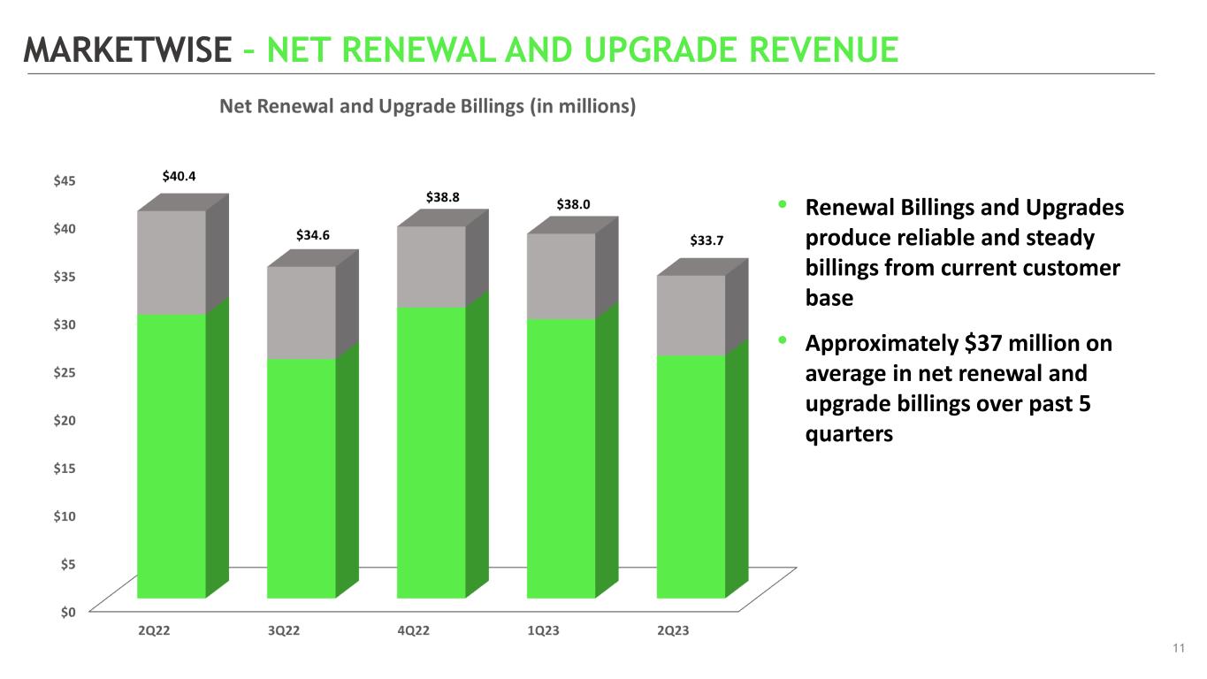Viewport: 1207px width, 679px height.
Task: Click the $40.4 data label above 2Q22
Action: click(x=180, y=177)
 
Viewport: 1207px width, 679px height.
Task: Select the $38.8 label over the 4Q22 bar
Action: click(x=443, y=197)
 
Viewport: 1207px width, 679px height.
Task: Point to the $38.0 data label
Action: click(x=573, y=204)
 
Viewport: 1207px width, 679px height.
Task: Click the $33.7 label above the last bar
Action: click(x=707, y=240)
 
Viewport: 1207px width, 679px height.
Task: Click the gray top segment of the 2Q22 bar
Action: click(x=172, y=262)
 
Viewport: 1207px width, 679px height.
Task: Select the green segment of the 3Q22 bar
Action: click(x=302, y=477)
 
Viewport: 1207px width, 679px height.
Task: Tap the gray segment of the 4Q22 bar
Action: click(x=432, y=266)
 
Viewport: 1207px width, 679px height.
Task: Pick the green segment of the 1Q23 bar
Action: click(x=561, y=457)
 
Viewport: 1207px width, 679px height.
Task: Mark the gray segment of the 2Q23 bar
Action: click(x=691, y=315)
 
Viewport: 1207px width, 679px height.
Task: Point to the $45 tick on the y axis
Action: click(x=65, y=180)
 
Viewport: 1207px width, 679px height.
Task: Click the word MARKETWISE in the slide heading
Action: click(x=126, y=50)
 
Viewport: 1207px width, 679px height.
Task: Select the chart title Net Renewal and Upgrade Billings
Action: click(x=428, y=107)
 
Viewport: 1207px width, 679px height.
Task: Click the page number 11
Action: click(x=1178, y=650)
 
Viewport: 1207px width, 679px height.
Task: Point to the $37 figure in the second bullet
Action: click(x=980, y=344)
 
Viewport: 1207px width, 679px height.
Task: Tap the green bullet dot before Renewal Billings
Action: click(x=783, y=205)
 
